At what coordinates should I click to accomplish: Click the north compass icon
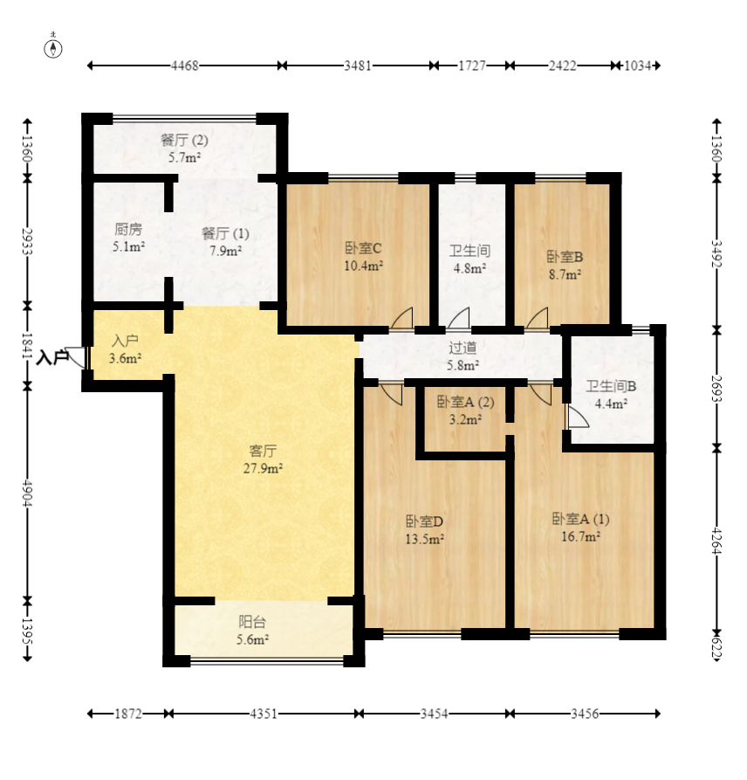(x=53, y=48)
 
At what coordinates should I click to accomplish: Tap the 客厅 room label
(x=263, y=452)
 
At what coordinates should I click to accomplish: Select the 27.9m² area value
(x=263, y=468)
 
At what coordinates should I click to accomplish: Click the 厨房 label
(x=128, y=230)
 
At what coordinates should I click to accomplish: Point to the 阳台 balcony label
(x=252, y=622)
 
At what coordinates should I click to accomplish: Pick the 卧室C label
(x=363, y=248)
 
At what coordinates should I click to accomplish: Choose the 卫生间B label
(x=611, y=386)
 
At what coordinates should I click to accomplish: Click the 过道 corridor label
(x=463, y=348)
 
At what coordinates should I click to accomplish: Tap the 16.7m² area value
(x=580, y=536)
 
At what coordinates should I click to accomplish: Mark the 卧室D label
(x=424, y=521)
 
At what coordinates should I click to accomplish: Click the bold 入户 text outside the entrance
(x=51, y=357)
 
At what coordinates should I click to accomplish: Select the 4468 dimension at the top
(x=185, y=66)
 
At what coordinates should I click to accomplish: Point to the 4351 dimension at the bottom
(x=264, y=714)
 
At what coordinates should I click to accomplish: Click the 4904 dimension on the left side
(x=27, y=493)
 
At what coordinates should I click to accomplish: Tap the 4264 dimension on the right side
(x=716, y=541)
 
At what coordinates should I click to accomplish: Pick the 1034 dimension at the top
(x=638, y=66)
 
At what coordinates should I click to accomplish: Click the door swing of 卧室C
(x=402, y=318)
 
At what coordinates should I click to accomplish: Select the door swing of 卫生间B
(x=577, y=416)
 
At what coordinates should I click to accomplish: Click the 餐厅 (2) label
(x=184, y=140)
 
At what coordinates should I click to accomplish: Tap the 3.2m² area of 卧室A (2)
(x=465, y=419)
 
